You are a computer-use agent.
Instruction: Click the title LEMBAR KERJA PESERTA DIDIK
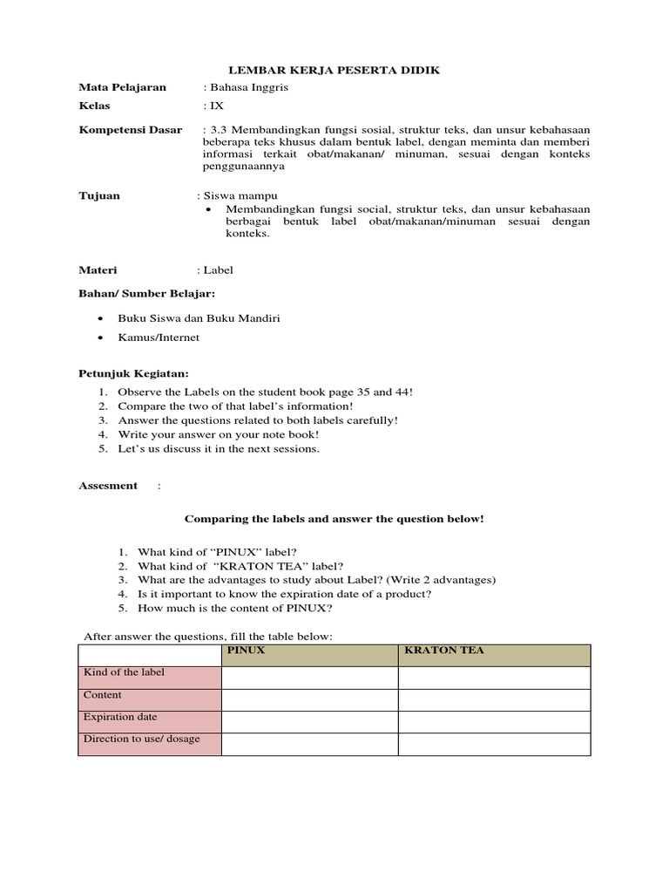334,70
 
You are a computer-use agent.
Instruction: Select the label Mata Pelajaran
122,88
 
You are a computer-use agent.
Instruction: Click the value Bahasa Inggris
247,88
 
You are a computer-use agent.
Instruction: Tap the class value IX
214,106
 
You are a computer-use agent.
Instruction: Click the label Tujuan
99,196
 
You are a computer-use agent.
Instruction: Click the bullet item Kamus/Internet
159,337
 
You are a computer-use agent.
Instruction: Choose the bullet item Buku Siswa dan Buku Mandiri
199,317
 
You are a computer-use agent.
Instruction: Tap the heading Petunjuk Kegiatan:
133,374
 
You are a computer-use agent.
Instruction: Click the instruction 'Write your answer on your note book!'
219,433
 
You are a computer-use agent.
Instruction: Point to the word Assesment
108,486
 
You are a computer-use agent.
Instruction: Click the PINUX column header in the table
246,651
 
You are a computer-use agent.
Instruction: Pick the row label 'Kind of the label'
124,672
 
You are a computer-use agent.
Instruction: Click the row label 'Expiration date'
120,717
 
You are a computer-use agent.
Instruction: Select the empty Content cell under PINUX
310,699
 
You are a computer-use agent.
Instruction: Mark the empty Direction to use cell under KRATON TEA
494,744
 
